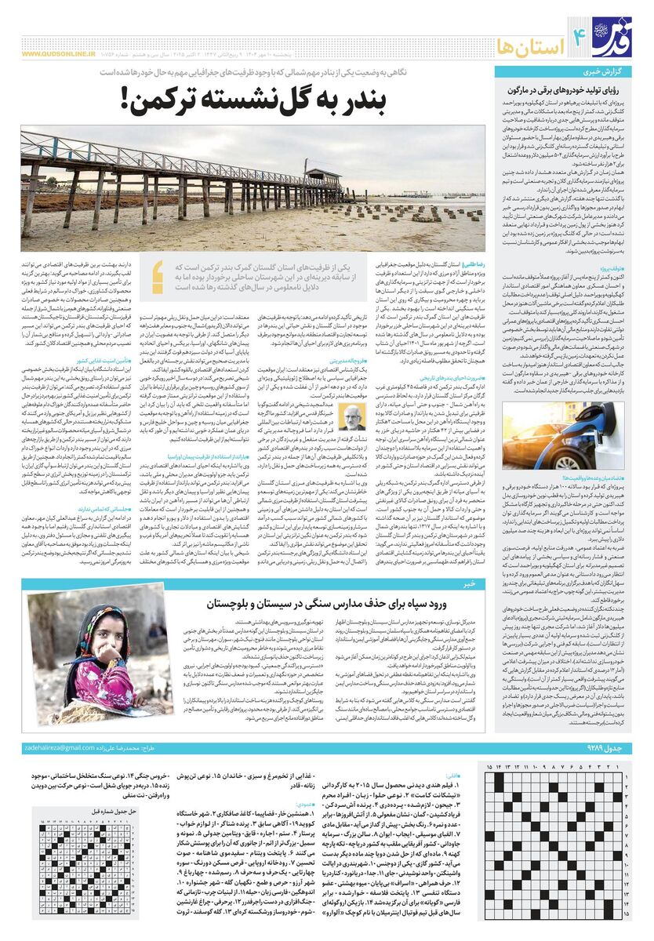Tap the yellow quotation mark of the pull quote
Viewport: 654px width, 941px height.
[x=158, y=271]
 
